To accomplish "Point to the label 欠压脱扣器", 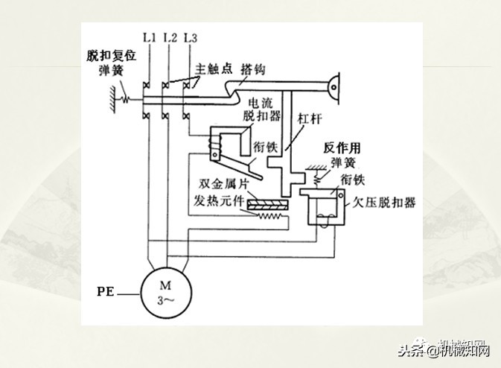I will (x=386, y=202).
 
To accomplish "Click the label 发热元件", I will (x=221, y=201).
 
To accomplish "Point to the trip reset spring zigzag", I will (x=126, y=97).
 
